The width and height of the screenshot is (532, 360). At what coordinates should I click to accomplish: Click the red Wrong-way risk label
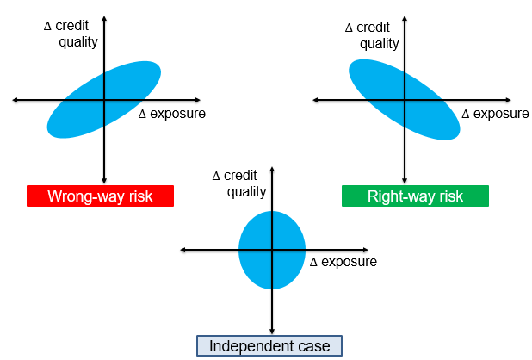[100, 196]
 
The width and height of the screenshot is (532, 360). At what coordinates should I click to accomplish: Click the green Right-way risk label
[415, 196]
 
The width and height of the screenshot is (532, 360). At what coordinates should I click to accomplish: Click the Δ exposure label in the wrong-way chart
[172, 114]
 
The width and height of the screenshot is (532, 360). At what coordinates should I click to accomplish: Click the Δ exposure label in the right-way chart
[495, 114]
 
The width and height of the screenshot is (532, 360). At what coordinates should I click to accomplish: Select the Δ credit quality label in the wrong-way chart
[71, 34]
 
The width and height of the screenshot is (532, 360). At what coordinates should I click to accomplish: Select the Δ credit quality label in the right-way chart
[372, 35]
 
